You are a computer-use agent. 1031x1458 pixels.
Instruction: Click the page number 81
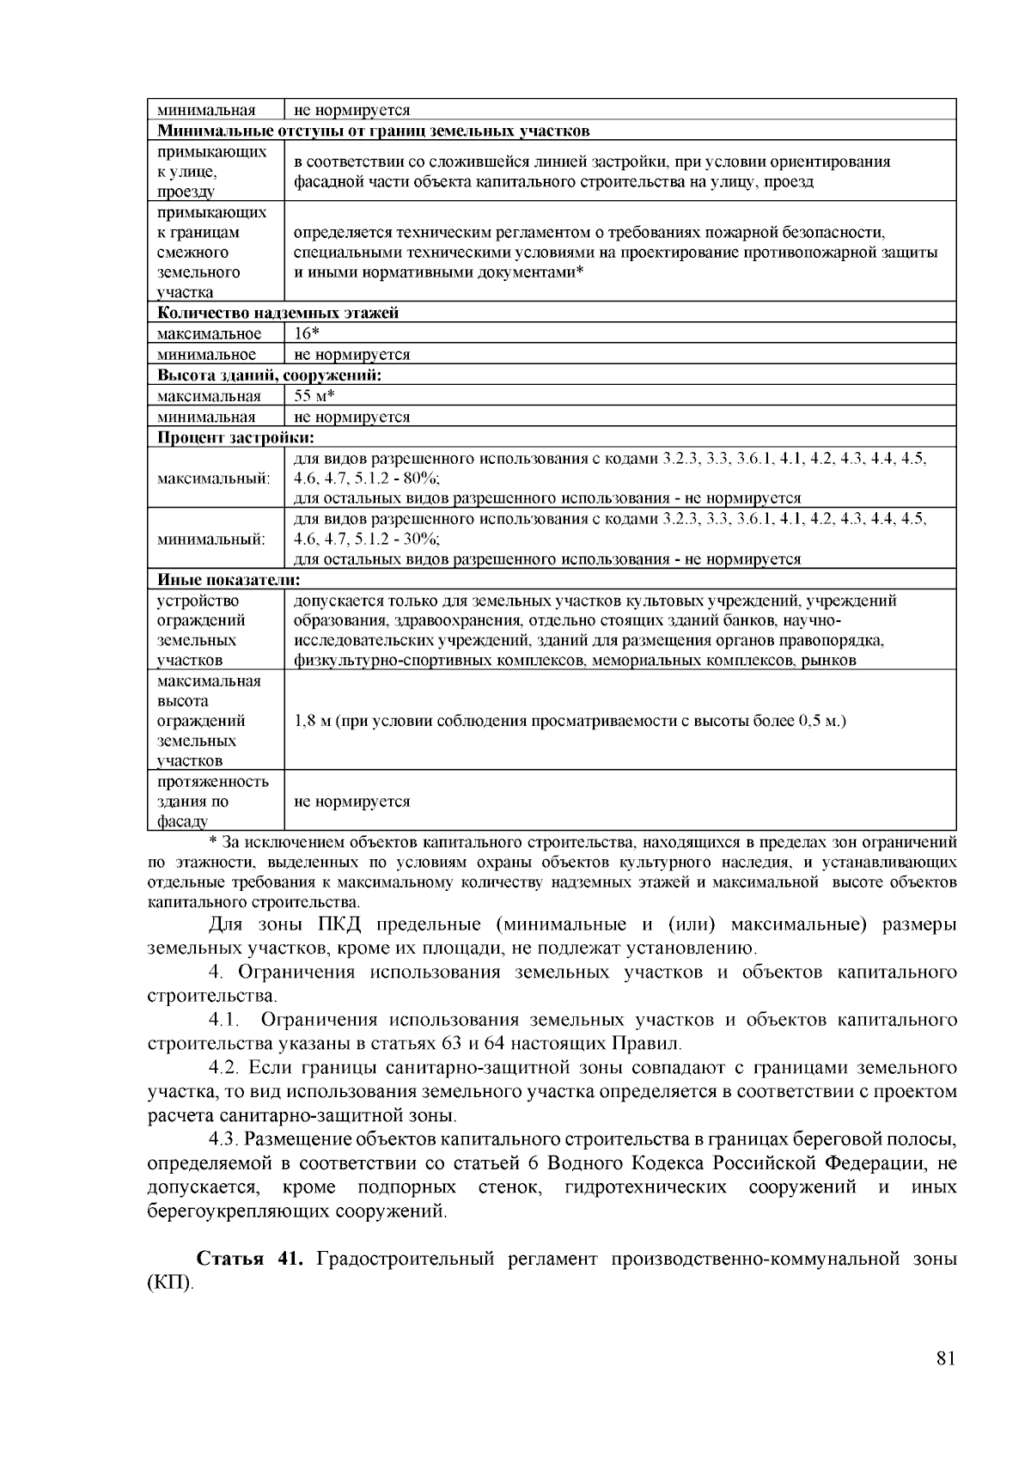946,1358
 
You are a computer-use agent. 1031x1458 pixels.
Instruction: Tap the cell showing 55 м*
314,396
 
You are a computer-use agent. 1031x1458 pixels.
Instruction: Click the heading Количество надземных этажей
278,313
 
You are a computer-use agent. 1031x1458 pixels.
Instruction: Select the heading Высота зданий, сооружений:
269,375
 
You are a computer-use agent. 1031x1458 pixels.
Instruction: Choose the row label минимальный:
211,540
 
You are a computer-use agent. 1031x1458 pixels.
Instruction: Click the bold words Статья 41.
249,1260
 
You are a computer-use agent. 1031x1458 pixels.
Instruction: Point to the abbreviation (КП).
171,1284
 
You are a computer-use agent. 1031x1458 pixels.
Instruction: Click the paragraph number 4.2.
226,1068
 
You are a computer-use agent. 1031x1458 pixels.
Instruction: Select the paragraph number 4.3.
226,1139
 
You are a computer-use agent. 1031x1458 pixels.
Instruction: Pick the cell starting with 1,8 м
570,721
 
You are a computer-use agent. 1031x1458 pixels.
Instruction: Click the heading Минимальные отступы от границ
374,131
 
